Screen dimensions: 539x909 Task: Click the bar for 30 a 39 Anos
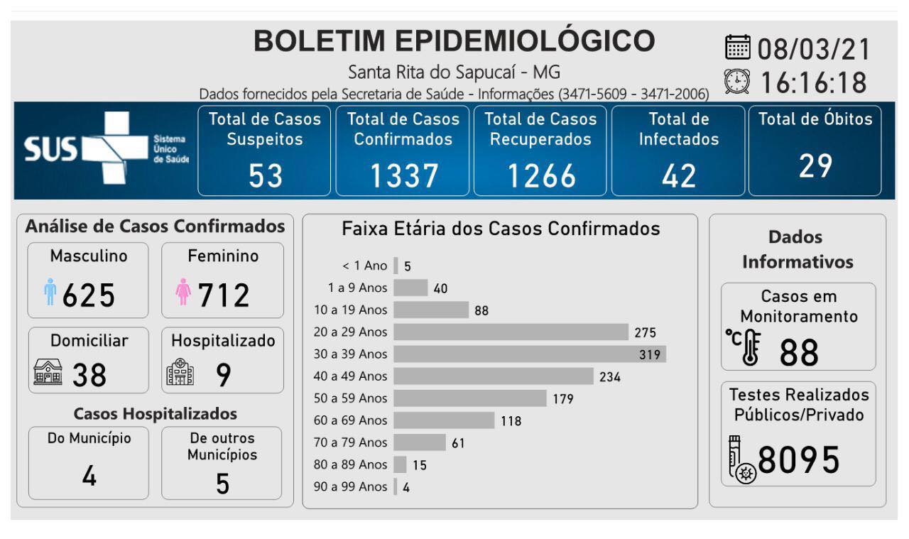tap(529, 354)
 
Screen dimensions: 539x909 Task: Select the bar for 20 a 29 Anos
tap(511, 332)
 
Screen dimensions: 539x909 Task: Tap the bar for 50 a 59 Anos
tap(469, 398)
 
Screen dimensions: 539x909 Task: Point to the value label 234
tap(610, 376)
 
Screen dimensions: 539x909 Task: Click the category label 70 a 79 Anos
tap(351, 442)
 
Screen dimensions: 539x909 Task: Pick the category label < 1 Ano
tap(365, 266)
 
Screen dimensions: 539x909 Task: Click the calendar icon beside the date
tap(738, 48)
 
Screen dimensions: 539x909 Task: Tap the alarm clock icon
tap(737, 82)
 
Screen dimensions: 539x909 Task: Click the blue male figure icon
tap(50, 292)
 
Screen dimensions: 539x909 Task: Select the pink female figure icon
tap(183, 292)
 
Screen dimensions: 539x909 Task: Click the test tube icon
tap(739, 460)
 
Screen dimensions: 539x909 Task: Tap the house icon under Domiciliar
tap(48, 373)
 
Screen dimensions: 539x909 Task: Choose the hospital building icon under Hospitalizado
tap(180, 374)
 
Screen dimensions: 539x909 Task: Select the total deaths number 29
tap(815, 166)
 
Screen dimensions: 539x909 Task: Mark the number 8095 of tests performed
tap(799, 461)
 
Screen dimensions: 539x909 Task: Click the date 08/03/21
tap(814, 50)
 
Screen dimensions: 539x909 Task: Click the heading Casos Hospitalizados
tap(156, 413)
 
